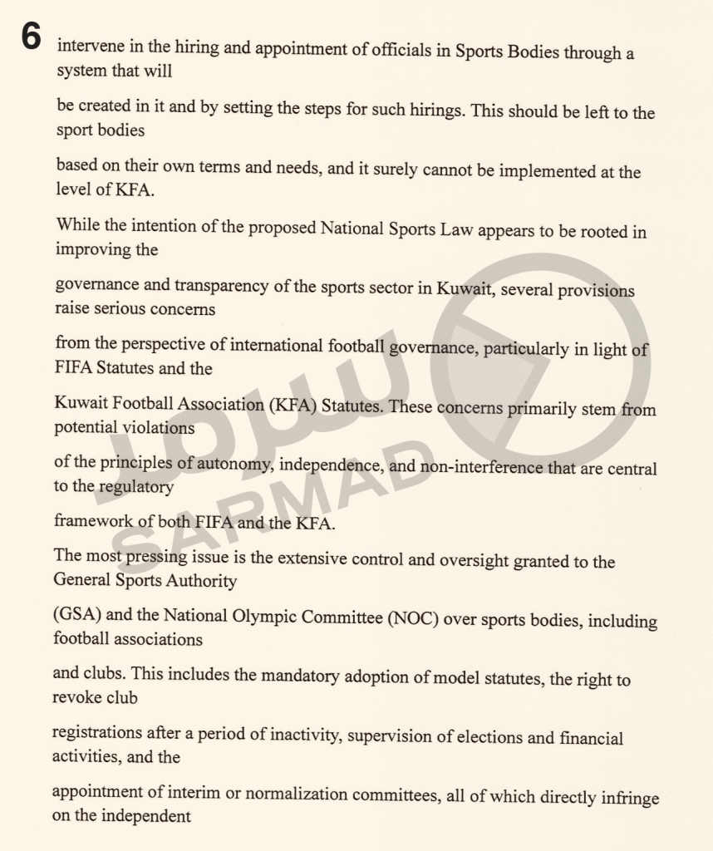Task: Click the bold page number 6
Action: click(31, 37)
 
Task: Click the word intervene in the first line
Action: click(87, 47)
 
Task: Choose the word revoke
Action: click(76, 697)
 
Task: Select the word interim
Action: click(192, 793)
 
